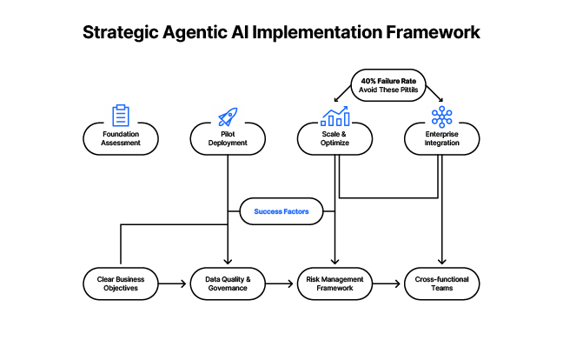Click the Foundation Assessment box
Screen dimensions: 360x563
click(121, 138)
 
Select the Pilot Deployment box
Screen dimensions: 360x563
click(228, 138)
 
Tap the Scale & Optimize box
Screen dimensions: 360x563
click(334, 138)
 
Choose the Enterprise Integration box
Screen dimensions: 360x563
click(441, 138)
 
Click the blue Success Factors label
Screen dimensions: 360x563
click(281, 210)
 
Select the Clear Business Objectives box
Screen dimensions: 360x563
click(121, 283)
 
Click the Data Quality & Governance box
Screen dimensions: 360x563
click(228, 283)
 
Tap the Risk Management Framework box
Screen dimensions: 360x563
click(334, 283)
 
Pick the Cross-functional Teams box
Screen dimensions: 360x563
click(441, 283)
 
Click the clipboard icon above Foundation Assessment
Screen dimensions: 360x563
click(121, 115)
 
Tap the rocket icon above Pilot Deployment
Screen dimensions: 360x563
click(228, 116)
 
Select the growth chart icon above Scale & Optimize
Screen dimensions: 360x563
click(334, 116)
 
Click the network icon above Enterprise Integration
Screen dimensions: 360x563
click(441, 116)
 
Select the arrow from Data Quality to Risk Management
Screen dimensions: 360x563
click(281, 283)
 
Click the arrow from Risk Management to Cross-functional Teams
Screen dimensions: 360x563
click(387, 283)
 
